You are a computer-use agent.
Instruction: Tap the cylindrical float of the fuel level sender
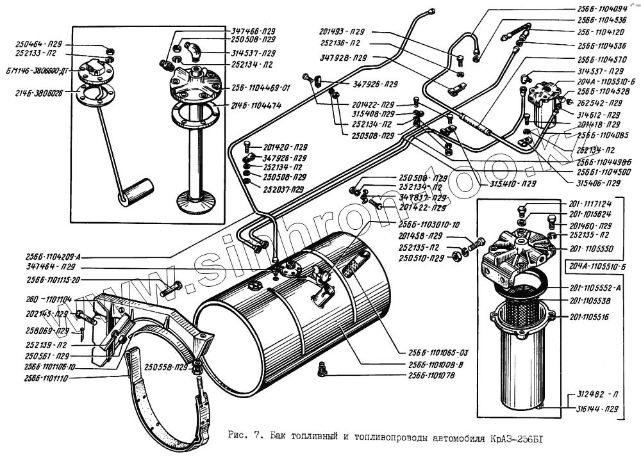137,191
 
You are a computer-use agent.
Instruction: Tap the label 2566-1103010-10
429,225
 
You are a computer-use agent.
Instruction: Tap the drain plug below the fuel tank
323,368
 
